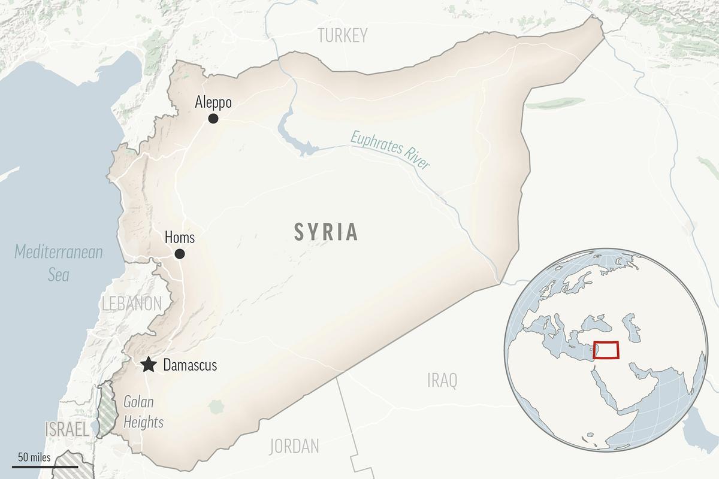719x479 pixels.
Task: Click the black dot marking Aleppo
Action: pyautogui.click(x=213, y=119)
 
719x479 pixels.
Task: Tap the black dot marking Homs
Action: pyautogui.click(x=179, y=254)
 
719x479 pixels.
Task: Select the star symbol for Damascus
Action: pyautogui.click(x=148, y=365)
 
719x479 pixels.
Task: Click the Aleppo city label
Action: pyautogui.click(x=213, y=102)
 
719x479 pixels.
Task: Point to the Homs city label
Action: pyautogui.click(x=179, y=238)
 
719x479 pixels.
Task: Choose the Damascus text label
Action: pyautogui.click(x=190, y=365)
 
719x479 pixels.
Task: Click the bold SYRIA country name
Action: pyautogui.click(x=326, y=232)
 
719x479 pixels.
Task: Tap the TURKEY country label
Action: pyautogui.click(x=342, y=36)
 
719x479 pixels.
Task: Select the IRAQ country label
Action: pyautogui.click(x=442, y=379)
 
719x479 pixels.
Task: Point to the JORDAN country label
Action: pyautogui.click(x=294, y=446)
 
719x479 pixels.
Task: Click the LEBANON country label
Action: pyautogui.click(x=132, y=304)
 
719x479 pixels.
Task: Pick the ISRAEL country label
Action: pyautogui.click(x=67, y=429)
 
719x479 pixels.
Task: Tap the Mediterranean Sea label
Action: pyautogui.click(x=59, y=263)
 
